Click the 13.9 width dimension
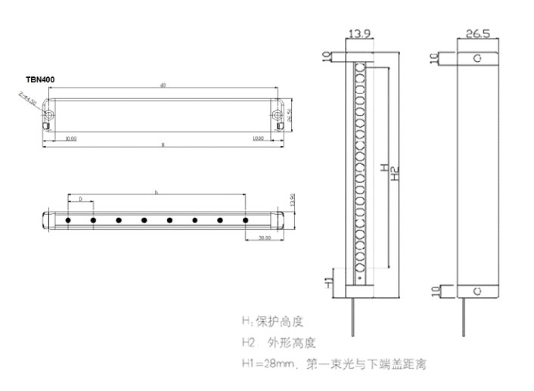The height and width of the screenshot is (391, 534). [359, 33]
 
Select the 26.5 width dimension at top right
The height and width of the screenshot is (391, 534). [478, 33]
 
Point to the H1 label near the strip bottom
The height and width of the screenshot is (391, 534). [328, 281]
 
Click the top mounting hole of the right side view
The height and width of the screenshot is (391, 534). [477, 58]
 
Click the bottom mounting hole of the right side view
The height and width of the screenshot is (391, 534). [477, 290]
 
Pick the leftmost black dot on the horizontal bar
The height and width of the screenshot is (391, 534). [69, 220]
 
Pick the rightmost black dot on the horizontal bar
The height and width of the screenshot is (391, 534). [246, 220]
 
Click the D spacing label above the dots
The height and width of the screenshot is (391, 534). [80, 198]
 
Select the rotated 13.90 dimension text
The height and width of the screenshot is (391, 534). [292, 200]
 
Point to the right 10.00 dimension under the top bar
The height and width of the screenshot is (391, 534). [258, 138]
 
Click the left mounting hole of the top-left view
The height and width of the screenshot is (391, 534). [50, 115]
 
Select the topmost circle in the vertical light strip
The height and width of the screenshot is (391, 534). [359, 67]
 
